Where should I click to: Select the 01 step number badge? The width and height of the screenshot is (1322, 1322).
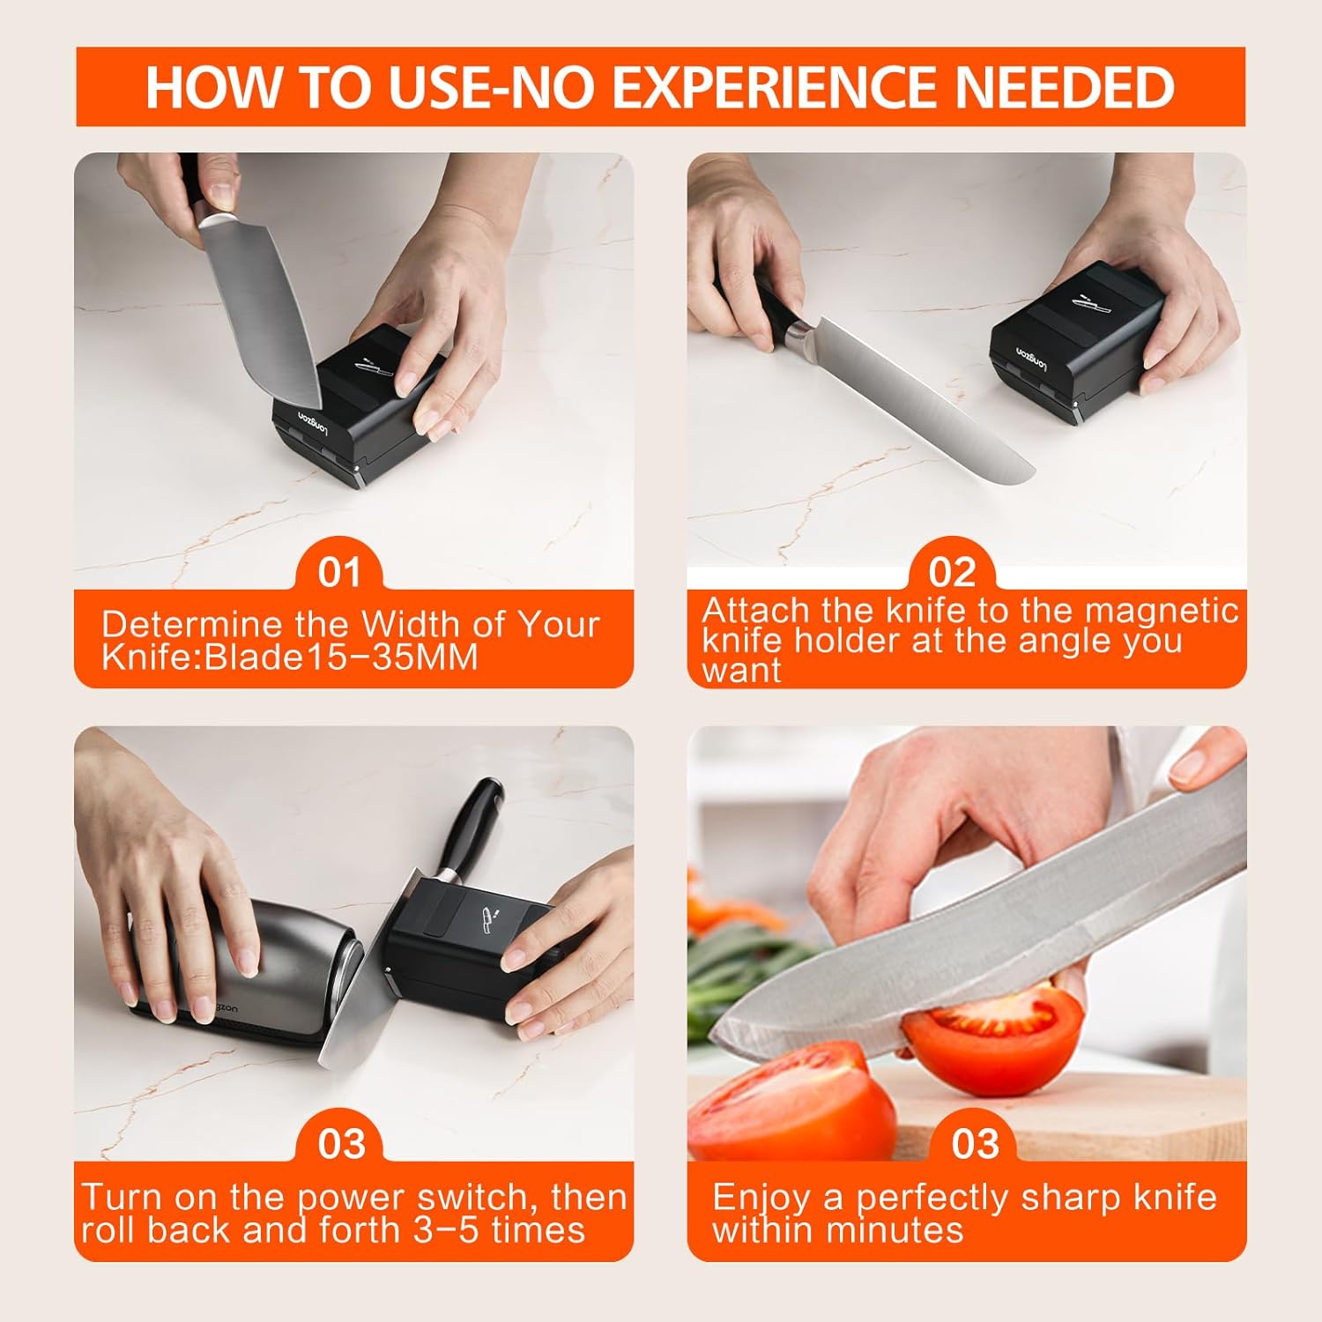339,572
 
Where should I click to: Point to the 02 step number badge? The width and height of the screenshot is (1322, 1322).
952,572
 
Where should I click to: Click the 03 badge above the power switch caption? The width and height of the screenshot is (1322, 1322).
341,1144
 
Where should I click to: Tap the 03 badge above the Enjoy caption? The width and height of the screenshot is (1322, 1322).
975,1144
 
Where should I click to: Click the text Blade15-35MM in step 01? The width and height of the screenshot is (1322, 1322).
340,657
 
